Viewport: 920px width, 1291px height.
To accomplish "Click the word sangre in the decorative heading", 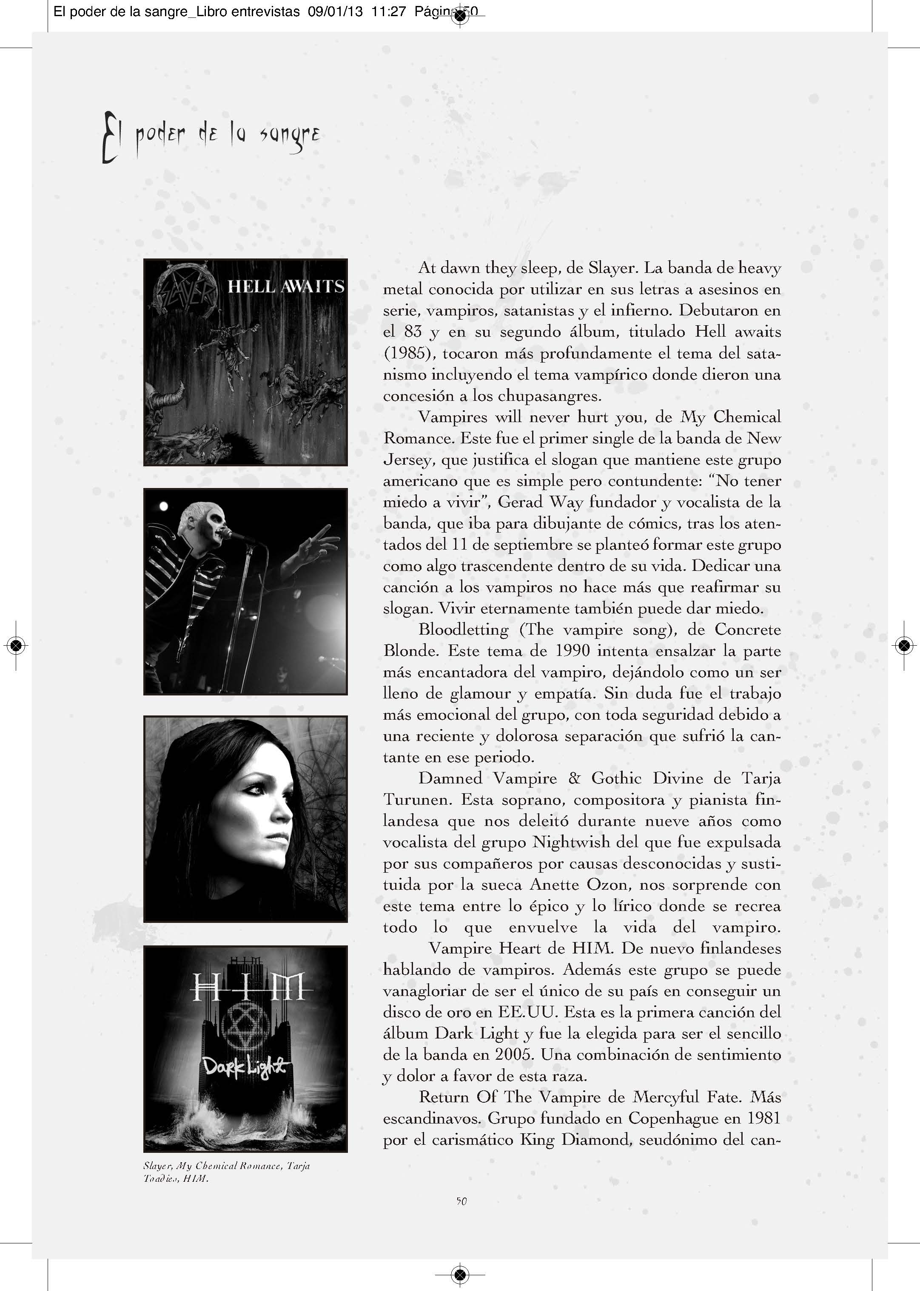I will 290,136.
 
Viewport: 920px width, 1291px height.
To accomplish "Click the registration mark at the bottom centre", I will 460,1274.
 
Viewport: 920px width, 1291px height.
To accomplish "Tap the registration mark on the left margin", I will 17,645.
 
